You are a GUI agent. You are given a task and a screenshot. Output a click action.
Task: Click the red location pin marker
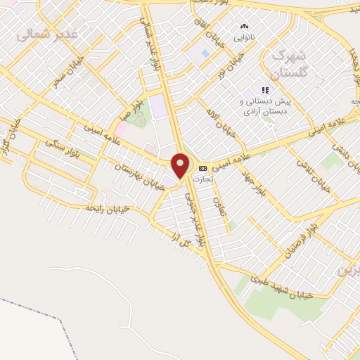point(181,165)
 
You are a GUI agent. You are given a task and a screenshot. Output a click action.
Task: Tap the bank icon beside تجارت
point(202,168)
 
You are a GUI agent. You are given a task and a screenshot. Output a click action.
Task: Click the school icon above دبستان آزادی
point(265,90)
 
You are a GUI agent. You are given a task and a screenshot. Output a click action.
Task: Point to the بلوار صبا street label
point(142,108)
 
